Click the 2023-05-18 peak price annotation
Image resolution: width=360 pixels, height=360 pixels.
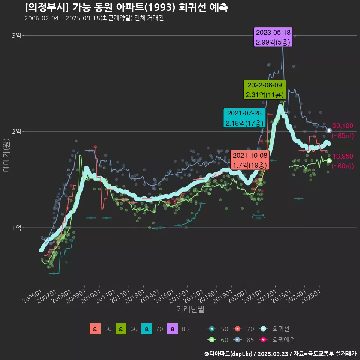point(273,37)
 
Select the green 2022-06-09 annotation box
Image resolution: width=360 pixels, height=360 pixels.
point(265,90)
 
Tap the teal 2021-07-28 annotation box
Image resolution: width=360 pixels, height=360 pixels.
point(244,118)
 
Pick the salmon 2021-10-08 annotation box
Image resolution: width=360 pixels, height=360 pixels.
point(250,160)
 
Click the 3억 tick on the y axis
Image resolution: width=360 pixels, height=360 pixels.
point(17,36)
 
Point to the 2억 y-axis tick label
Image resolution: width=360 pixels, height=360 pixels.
point(17,132)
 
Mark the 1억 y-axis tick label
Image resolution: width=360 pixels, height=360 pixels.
point(17,228)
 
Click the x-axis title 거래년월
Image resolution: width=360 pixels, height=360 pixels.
point(190,309)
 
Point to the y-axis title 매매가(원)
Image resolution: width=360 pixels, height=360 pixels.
point(6,155)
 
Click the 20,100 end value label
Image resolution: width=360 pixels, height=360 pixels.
point(343,126)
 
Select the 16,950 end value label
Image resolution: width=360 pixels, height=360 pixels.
point(343,156)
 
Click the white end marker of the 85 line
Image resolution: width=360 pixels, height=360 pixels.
point(329,130)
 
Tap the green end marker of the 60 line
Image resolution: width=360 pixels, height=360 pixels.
point(329,161)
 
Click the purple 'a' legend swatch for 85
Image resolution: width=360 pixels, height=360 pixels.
point(172,329)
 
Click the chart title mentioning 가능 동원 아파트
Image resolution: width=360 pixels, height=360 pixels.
point(126,7)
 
